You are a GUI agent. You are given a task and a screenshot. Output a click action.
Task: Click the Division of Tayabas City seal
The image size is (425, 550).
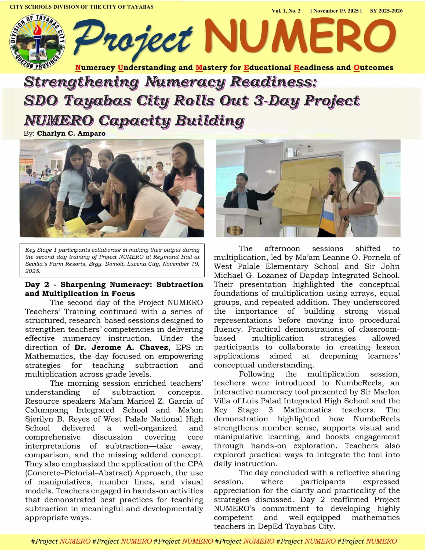(x=37, y=42)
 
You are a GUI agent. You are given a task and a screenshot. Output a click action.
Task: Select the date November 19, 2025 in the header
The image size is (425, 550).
(x=336, y=11)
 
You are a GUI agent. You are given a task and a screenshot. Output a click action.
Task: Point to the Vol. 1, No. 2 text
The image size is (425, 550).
(x=286, y=11)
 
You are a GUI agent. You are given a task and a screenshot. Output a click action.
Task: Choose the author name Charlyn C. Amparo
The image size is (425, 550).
(x=71, y=133)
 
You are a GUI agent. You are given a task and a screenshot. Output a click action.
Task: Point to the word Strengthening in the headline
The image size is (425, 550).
(x=81, y=82)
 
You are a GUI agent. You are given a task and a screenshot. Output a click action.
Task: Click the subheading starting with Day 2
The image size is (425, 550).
(x=114, y=289)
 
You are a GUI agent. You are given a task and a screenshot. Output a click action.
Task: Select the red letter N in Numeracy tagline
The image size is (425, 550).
(x=78, y=68)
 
